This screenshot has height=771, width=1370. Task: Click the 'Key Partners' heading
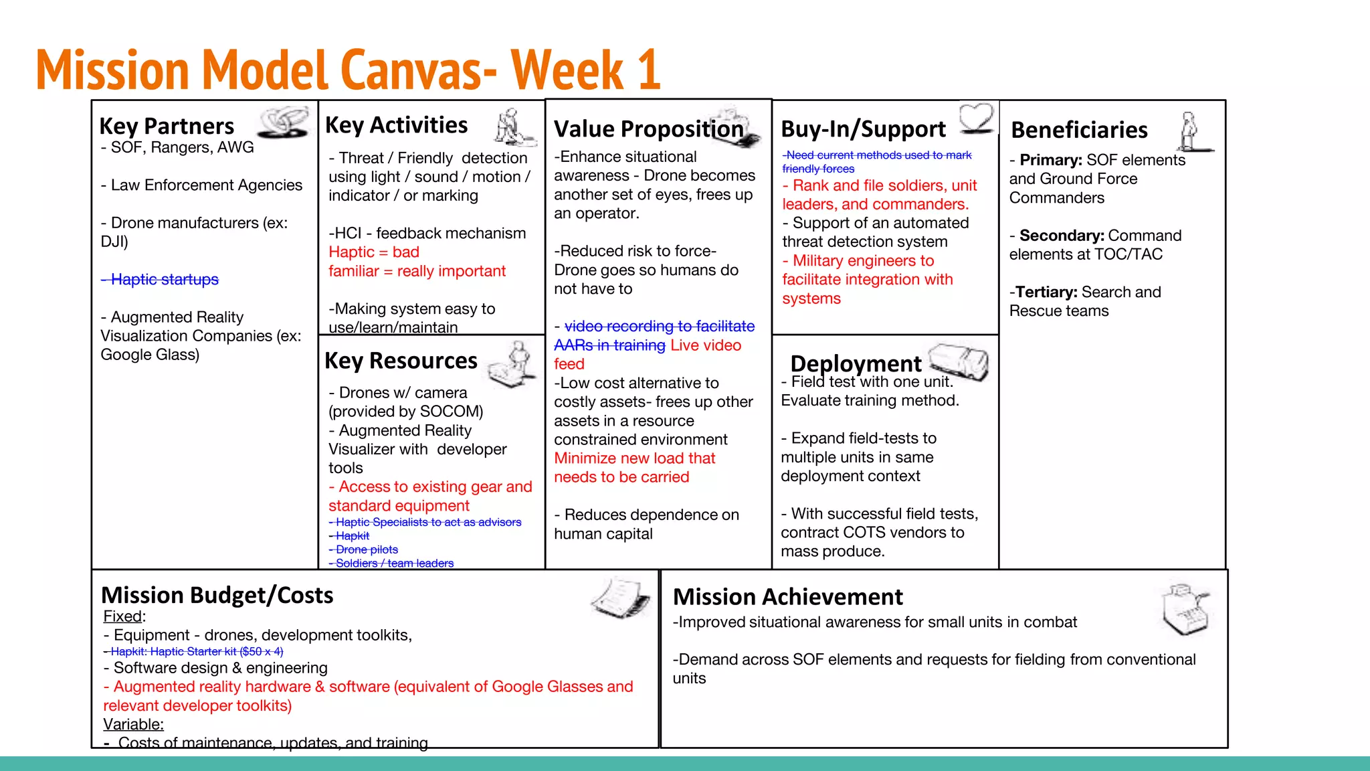click(x=167, y=126)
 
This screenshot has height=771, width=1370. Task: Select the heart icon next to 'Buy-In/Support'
click(x=977, y=118)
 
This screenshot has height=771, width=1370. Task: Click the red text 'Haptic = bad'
click(x=374, y=252)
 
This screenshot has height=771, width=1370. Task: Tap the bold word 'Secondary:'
click(x=1062, y=236)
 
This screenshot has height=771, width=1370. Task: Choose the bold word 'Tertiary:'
click(x=1046, y=292)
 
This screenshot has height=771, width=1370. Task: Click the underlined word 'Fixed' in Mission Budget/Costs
click(x=123, y=616)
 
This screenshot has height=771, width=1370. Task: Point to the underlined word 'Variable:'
click(x=133, y=724)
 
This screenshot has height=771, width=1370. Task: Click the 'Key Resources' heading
click(x=401, y=361)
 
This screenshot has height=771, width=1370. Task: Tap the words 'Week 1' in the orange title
click(x=585, y=70)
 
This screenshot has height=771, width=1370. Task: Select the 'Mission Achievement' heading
click(x=787, y=596)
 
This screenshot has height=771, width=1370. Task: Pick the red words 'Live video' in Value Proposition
click(x=706, y=345)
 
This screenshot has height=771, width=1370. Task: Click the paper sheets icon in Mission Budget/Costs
click(x=621, y=598)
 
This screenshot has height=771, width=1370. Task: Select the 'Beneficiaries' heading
click(x=1079, y=130)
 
